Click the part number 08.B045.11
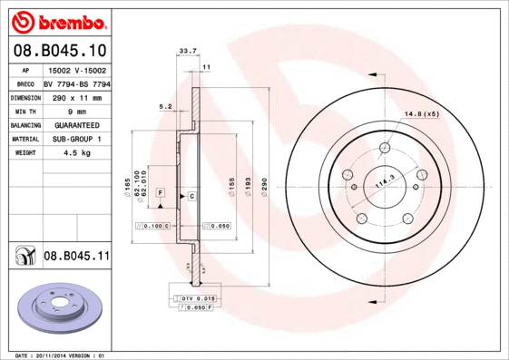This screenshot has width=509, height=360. point(76,257)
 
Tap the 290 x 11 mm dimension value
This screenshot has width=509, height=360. point(76,96)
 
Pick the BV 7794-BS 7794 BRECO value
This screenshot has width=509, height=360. point(76,83)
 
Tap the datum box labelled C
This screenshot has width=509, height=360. point(192,195)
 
